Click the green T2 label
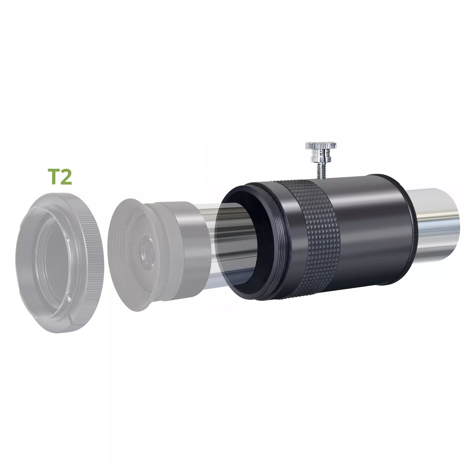(60, 177)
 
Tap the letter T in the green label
(54, 177)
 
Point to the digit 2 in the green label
(67, 177)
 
